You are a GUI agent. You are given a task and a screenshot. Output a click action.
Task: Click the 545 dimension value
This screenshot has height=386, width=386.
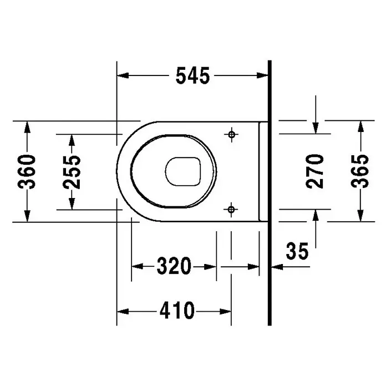193,75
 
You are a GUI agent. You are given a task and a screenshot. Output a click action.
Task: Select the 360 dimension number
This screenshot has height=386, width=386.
27,171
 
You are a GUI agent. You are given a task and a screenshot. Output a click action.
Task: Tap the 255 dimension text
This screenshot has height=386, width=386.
72,172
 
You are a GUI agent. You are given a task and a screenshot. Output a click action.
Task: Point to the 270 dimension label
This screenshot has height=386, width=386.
315,171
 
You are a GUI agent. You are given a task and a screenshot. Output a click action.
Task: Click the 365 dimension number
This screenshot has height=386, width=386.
360,171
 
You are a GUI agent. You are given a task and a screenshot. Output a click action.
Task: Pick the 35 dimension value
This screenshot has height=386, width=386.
297,251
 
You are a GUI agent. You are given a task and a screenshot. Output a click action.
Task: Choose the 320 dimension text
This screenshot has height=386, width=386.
174,266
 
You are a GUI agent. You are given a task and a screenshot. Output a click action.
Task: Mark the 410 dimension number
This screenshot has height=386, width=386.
177,311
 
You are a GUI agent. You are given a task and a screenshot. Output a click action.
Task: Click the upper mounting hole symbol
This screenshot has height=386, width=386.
231,134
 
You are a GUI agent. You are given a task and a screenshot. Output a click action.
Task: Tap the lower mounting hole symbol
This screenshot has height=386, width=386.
231,210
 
